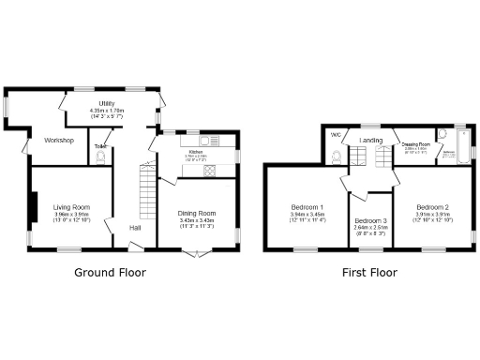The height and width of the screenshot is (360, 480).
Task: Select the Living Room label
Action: tap(71, 206)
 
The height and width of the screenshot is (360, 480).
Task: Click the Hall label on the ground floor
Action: tap(135, 228)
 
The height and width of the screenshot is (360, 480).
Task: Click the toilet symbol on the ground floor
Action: tap(100, 157)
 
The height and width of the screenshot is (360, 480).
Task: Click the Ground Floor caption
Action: tap(111, 274)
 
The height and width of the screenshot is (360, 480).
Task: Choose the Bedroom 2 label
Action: tap(433, 207)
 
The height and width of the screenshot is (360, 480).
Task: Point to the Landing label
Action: tap(369, 141)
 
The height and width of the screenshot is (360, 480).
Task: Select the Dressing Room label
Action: tap(415, 144)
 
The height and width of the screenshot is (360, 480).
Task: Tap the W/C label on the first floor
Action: tap(335, 134)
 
